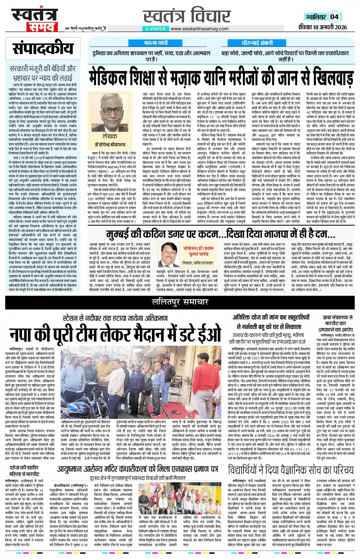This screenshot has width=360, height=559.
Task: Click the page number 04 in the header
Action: click(334, 17)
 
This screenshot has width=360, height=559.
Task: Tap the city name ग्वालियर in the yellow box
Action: click(316, 17)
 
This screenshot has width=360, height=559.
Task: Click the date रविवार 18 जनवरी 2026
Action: click(322, 27)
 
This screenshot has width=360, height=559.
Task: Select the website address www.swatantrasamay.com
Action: click(200, 29)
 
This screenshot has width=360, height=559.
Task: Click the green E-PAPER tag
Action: click(156, 29)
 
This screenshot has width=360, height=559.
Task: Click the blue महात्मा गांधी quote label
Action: click(155, 43)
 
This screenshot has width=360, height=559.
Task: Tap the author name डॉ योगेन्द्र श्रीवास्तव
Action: click(110, 145)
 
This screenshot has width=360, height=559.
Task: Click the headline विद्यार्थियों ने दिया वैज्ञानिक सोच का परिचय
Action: click(291, 470)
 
